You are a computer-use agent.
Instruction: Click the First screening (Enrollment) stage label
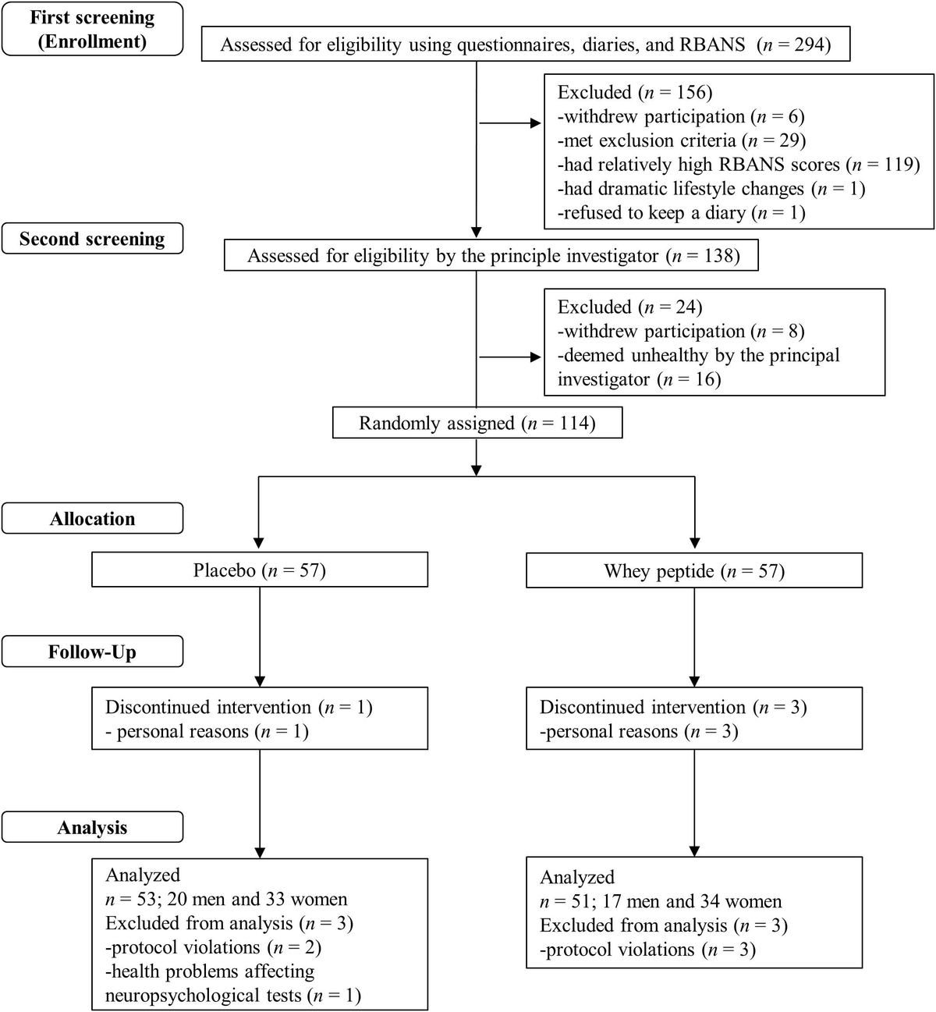[92, 30]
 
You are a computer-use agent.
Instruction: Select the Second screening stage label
[92, 239]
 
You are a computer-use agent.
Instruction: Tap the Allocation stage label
[92, 519]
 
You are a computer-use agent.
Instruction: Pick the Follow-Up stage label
[92, 652]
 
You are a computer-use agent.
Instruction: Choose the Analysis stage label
[92, 828]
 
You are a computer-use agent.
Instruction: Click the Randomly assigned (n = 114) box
[477, 423]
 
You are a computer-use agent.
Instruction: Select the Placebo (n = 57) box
[260, 570]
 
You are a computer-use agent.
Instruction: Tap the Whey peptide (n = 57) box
[694, 570]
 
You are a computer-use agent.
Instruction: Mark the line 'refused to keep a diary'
[681, 213]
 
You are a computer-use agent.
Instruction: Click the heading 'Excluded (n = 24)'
[629, 307]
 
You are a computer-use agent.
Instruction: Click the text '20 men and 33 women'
[257, 899]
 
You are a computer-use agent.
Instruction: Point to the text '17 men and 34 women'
[692, 901]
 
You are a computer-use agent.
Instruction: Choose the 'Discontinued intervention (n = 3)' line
[672, 707]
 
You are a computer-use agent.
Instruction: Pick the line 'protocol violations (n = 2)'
[213, 947]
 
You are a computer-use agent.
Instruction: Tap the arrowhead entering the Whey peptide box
[694, 543]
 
